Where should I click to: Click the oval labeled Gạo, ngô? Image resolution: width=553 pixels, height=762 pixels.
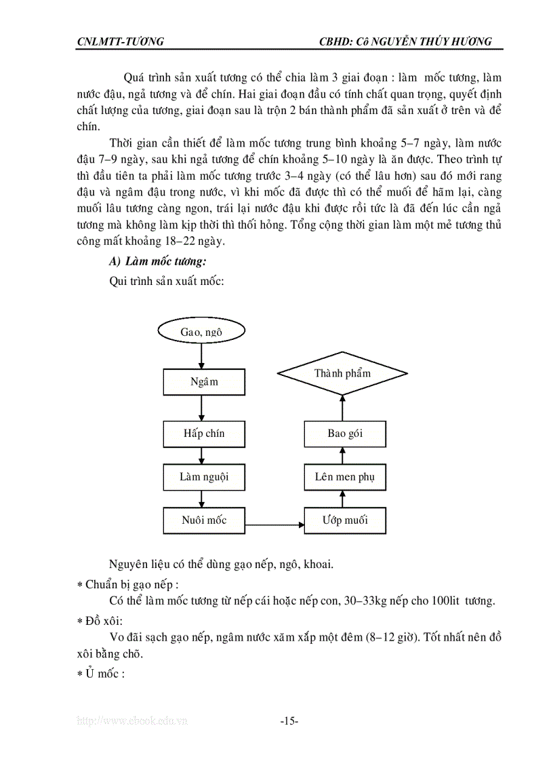tap(201, 332)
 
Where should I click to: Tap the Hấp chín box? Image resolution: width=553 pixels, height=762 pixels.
tap(203, 434)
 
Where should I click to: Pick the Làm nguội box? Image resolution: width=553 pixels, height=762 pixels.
tap(203, 477)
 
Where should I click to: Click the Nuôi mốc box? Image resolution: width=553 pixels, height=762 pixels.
tap(203, 520)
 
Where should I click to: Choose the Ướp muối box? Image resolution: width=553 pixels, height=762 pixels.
tap(345, 520)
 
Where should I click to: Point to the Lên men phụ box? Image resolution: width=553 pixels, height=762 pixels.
tap(345, 477)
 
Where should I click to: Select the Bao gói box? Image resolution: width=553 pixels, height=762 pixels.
tap(345, 434)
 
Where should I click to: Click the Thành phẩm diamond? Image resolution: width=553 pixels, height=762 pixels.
tap(342, 374)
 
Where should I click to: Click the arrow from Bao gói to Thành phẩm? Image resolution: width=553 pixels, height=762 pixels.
tap(342, 407)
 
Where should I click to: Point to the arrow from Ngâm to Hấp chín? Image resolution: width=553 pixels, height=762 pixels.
tap(203, 408)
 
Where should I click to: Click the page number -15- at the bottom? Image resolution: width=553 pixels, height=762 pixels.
tap(289, 721)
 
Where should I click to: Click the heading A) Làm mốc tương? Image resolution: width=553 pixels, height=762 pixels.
tap(157, 262)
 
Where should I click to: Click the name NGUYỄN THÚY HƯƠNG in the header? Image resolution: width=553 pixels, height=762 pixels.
tap(433, 42)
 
